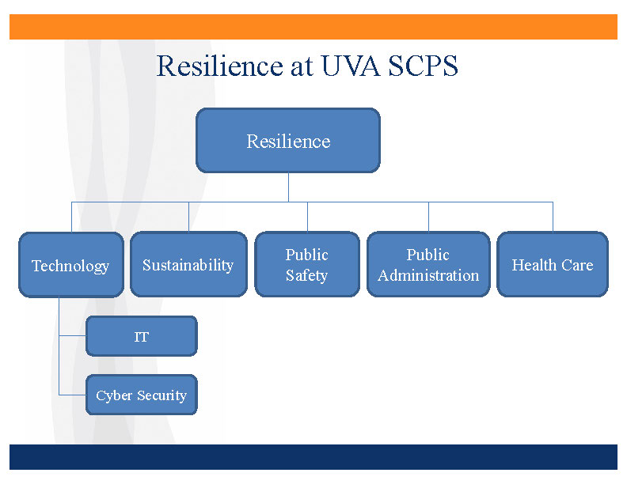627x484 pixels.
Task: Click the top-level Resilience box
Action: click(x=288, y=141)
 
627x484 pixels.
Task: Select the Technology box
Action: click(x=70, y=265)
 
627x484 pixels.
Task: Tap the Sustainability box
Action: click(x=188, y=265)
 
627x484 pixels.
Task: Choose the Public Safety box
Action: click(x=307, y=265)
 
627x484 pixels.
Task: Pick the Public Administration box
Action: click(x=428, y=265)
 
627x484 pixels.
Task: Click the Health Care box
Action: click(x=553, y=265)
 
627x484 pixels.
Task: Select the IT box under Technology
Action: click(x=141, y=337)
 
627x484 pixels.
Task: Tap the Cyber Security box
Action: click(x=141, y=395)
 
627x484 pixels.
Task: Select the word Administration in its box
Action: click(x=428, y=276)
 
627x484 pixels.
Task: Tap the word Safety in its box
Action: click(x=306, y=276)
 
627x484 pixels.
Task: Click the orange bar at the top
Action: click(x=313, y=26)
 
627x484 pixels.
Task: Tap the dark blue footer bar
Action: click(x=313, y=457)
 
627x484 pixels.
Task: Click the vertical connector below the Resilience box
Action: click(x=288, y=187)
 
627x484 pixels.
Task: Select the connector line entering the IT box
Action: click(x=73, y=335)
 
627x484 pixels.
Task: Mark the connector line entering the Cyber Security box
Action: click(x=73, y=394)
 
